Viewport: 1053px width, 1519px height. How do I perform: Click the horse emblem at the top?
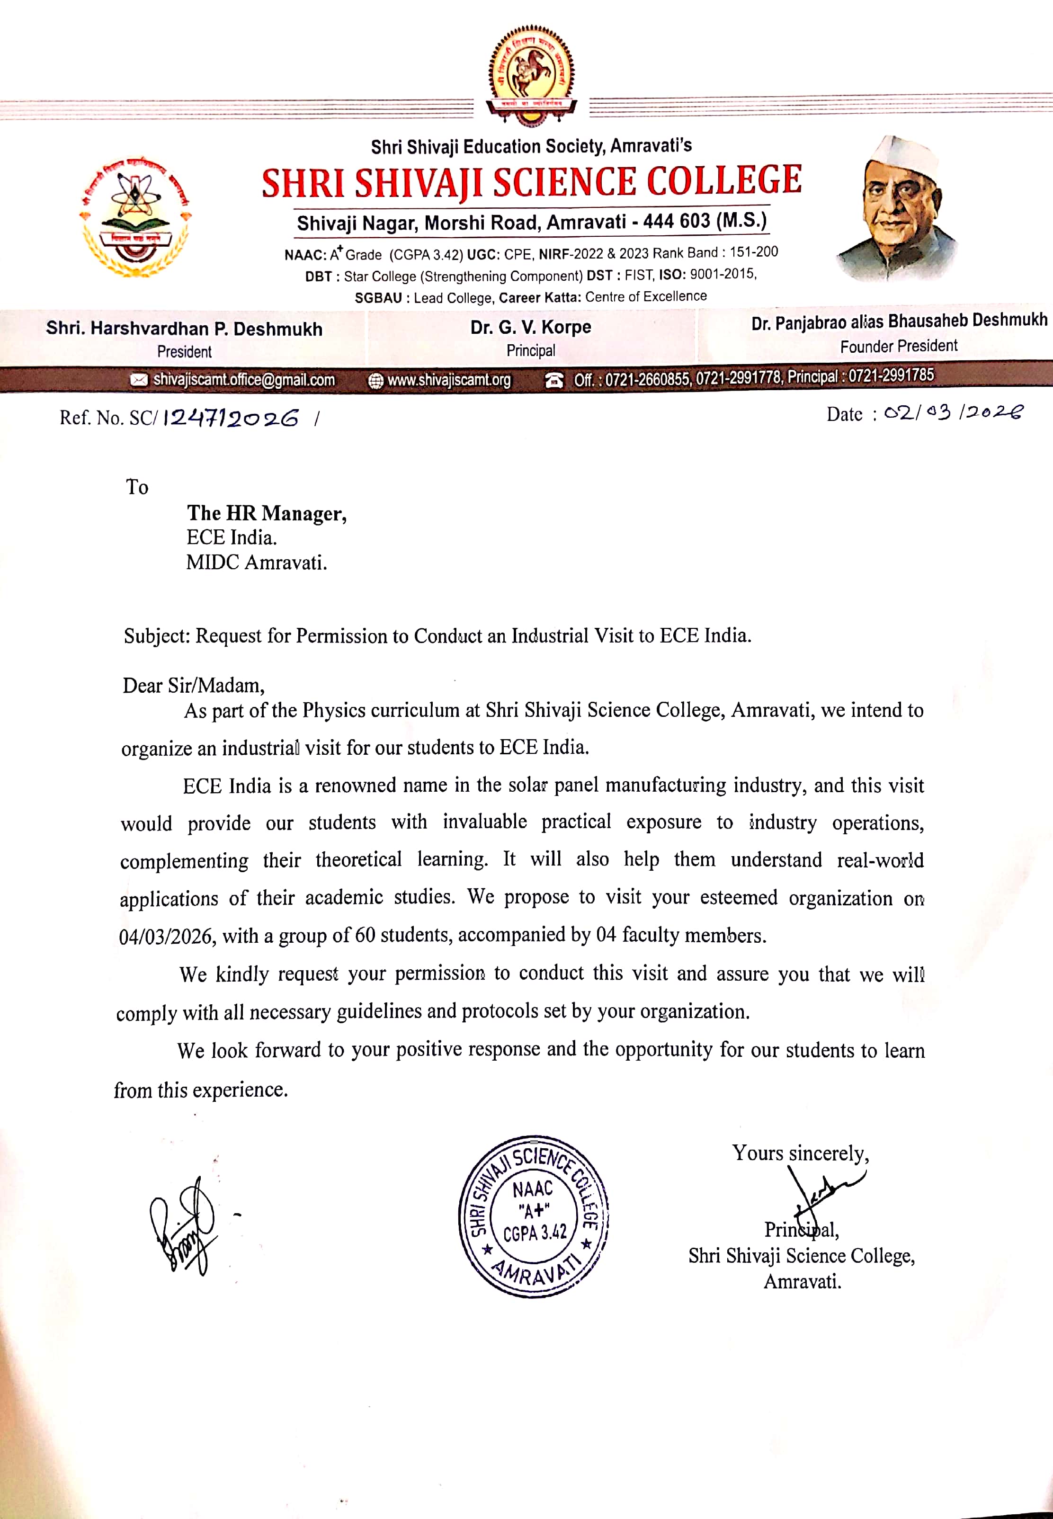(531, 76)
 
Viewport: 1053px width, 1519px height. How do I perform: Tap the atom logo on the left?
(135, 218)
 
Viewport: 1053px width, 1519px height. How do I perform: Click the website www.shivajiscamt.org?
(449, 380)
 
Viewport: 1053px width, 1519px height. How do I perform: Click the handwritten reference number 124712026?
(231, 418)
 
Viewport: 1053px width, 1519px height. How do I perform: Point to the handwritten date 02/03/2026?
(954, 413)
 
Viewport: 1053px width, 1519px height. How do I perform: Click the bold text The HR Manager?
(267, 513)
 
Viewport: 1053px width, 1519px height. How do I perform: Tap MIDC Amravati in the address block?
(256, 563)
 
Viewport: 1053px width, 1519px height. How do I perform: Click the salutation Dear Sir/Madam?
(193, 686)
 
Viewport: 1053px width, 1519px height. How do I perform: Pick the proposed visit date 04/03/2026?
(166, 936)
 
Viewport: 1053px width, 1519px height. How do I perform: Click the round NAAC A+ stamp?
(533, 1216)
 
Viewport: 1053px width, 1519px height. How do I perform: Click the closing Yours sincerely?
(800, 1153)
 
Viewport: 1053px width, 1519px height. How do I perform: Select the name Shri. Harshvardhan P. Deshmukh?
(184, 329)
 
